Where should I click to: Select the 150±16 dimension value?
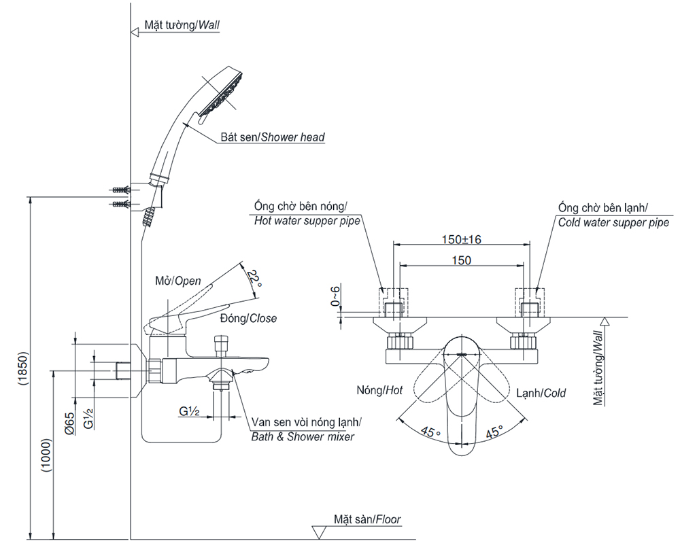click(x=461, y=239)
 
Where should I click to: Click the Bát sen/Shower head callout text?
click(x=272, y=137)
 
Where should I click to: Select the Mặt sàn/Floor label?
click(x=367, y=520)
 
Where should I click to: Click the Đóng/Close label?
click(x=248, y=318)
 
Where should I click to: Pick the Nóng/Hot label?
click(x=379, y=390)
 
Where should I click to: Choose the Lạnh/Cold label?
click(x=541, y=393)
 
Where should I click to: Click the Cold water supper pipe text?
click(x=613, y=222)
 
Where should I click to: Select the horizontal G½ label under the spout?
click(x=189, y=411)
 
